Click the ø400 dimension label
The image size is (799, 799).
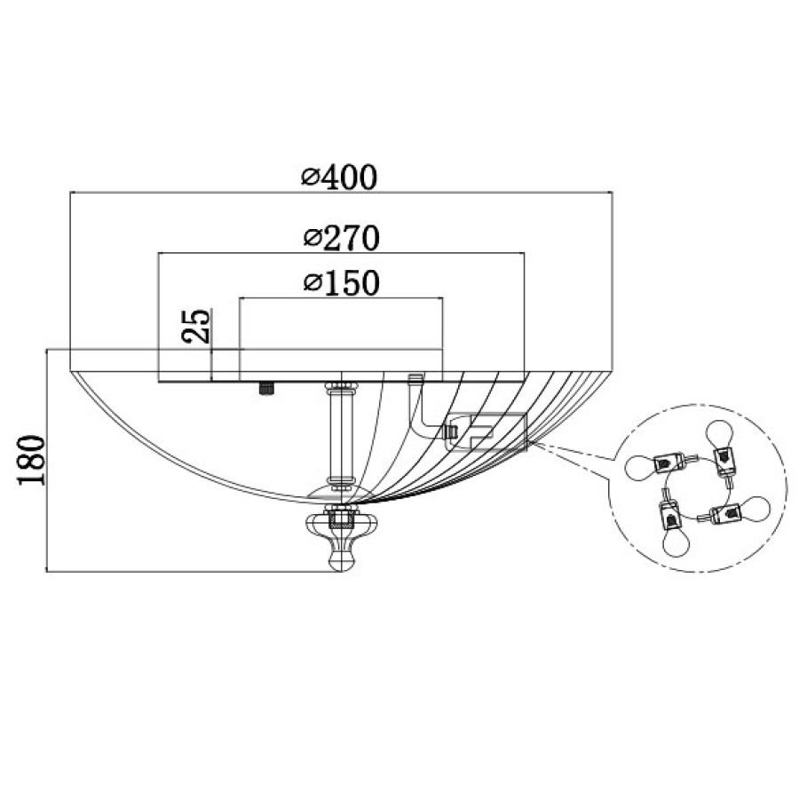tap(339, 177)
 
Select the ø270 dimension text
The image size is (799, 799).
tap(342, 237)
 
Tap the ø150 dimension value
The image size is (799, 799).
tap(342, 283)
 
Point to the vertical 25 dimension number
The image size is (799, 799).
tap(195, 326)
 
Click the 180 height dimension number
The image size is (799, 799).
tap(32, 460)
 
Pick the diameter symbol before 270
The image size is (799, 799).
tap(312, 238)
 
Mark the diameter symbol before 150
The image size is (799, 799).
tap(312, 283)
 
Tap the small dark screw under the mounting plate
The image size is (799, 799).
tap(266, 389)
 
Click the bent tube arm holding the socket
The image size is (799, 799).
tap(419, 407)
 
